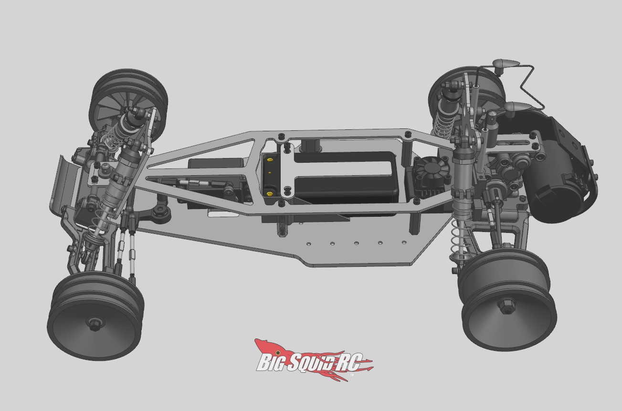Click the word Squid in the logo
[312, 362]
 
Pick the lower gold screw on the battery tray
[270, 193]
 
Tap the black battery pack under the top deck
[344, 177]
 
